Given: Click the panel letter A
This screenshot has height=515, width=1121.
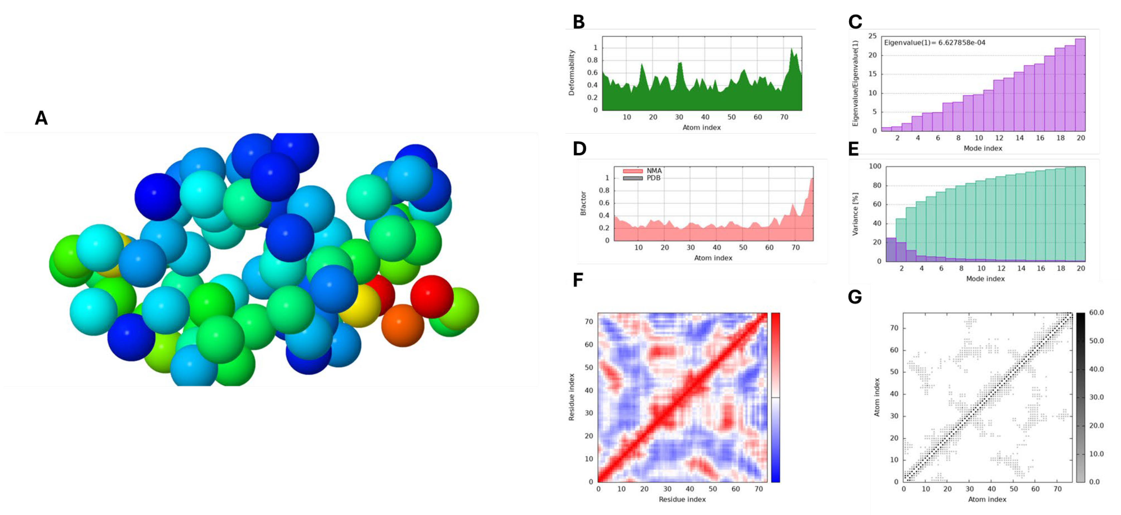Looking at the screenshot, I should click(41, 118).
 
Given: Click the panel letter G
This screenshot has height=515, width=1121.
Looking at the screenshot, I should click(855, 297).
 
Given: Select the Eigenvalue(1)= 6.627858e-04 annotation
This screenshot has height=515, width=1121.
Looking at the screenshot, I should click(934, 43).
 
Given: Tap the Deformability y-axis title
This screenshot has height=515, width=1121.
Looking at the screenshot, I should click(572, 73).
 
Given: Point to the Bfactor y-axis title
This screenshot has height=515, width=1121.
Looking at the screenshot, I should click(583, 204).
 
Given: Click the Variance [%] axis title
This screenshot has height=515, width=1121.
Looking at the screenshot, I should click(855, 214).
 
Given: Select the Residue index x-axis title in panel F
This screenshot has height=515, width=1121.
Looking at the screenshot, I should click(682, 499).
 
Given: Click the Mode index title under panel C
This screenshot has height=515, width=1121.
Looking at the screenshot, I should click(983, 148).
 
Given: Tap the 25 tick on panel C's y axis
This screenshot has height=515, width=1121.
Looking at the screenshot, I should click(872, 36).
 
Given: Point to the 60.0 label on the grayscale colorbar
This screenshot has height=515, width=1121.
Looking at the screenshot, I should click(1096, 312).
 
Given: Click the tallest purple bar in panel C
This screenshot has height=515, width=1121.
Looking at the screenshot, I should click(1080, 85).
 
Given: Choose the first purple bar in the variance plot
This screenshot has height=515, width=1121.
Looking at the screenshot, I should click(891, 250).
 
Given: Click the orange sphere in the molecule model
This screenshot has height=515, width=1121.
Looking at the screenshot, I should click(403, 325).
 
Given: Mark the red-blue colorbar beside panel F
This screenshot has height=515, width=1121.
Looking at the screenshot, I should click(775, 397).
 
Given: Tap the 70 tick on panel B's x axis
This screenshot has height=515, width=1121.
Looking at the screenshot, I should click(784, 117).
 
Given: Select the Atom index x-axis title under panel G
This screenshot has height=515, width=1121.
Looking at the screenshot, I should click(987, 499).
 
